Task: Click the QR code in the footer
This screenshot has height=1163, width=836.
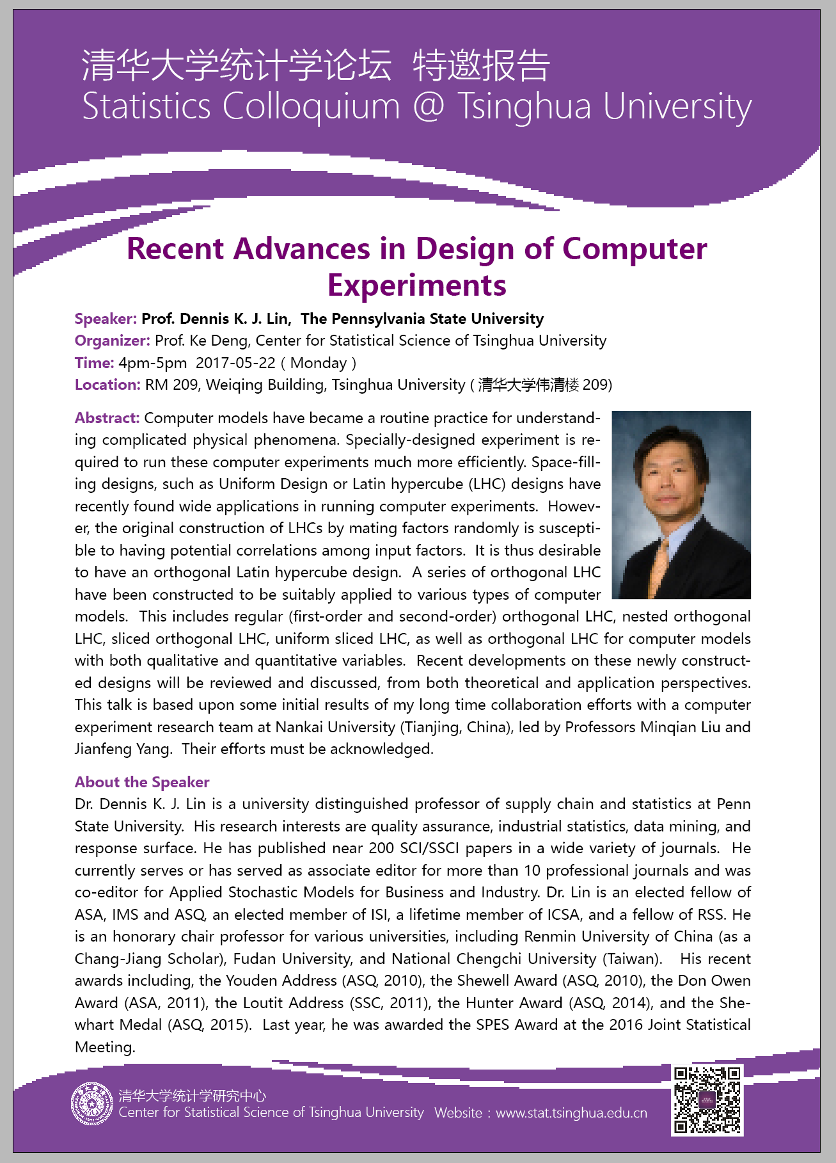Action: point(707,1100)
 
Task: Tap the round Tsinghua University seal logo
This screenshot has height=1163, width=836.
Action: point(91,1103)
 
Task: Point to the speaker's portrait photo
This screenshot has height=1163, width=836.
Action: point(681,504)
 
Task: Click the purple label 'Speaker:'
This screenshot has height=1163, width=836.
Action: point(106,319)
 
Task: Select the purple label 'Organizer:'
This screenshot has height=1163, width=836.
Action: point(112,341)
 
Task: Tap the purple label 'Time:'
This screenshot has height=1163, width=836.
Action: point(94,363)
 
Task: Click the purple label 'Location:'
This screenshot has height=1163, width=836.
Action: point(107,385)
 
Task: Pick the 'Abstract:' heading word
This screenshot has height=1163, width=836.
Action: point(107,418)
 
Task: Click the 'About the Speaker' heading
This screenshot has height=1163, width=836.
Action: point(142,782)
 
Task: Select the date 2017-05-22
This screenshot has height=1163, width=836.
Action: point(235,363)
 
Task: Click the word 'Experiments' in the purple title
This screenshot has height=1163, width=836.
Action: point(417,285)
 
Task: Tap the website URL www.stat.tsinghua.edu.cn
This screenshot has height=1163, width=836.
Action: point(571,1113)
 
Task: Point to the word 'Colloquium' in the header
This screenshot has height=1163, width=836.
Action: point(311,106)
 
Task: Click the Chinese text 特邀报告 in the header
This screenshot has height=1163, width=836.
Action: point(481,65)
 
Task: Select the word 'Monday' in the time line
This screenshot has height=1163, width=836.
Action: point(319,363)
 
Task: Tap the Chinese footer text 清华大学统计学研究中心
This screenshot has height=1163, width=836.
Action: point(192,1096)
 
